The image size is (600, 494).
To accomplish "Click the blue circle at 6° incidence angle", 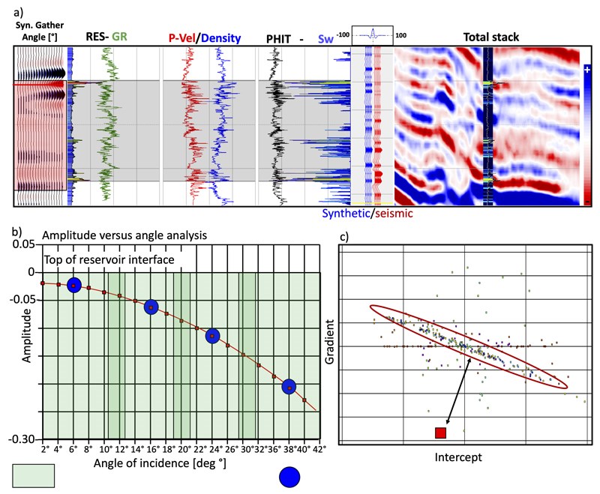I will pyautogui.click(x=73, y=285).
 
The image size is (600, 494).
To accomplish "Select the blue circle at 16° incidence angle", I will pyautogui.click(x=151, y=307).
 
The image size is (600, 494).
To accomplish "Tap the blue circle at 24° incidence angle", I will pyautogui.click(x=212, y=336).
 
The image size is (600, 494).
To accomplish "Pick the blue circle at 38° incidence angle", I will pyautogui.click(x=289, y=387).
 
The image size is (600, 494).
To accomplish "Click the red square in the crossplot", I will pyautogui.click(x=440, y=433).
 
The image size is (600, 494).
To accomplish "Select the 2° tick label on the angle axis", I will pyautogui.click(x=44, y=450).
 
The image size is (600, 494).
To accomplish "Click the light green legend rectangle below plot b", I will pyautogui.click(x=34, y=476).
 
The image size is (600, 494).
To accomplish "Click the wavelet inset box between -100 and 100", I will pyautogui.click(x=373, y=34).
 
